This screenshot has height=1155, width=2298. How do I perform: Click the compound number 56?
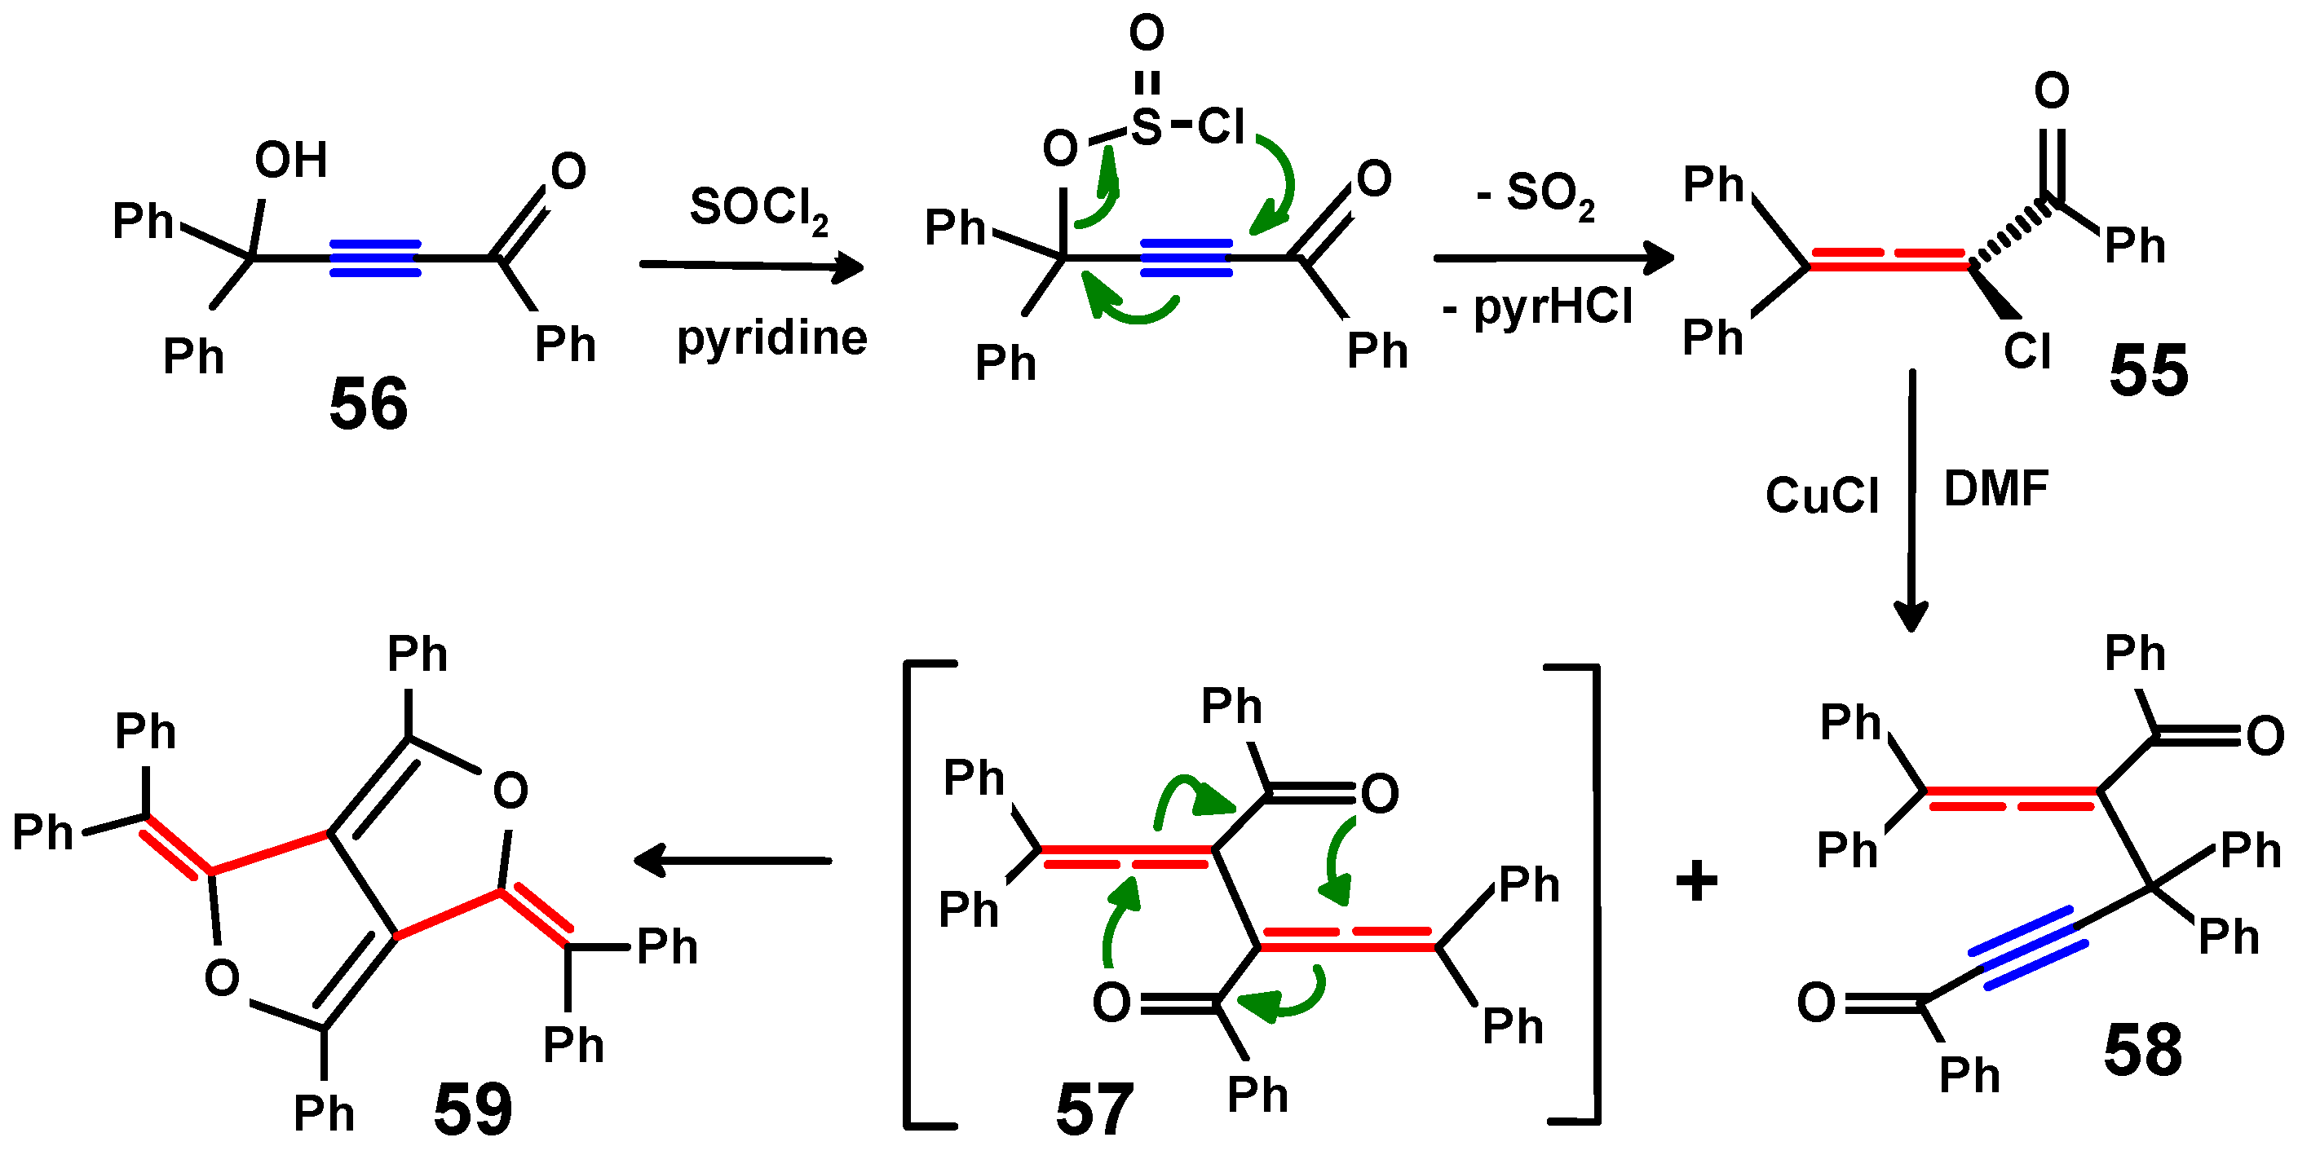tap(368, 404)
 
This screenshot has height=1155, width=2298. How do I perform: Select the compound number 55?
tap(2148, 370)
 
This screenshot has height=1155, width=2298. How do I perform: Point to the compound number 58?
tap(2142, 1050)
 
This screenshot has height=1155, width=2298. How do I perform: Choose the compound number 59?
tap(473, 1109)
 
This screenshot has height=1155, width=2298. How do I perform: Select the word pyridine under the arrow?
tap(771, 338)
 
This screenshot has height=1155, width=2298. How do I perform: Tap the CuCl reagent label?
tap(1822, 495)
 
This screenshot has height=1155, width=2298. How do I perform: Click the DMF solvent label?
tap(1995, 489)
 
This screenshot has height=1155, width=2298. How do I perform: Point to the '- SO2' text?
tap(1536, 195)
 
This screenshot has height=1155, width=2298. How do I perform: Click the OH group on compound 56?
tap(291, 161)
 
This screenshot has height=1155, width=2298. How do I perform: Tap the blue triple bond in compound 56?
tap(374, 258)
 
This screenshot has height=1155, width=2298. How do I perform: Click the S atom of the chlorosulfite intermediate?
tap(1147, 126)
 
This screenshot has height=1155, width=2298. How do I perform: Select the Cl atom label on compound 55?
tap(2026, 351)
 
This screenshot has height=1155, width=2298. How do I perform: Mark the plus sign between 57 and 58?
tap(1696, 881)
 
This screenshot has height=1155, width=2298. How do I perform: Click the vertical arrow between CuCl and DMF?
tap(1911, 500)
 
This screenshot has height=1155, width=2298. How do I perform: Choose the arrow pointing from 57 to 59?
tap(731, 861)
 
